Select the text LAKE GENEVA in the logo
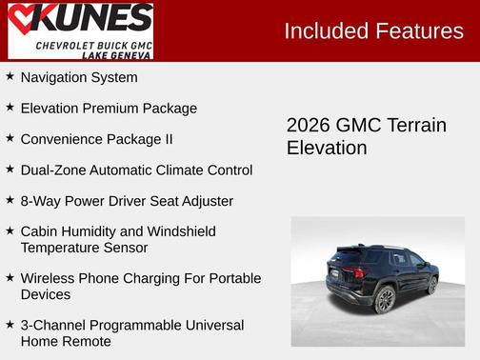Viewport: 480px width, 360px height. click(x=116, y=55)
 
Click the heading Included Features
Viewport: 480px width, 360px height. click(x=373, y=30)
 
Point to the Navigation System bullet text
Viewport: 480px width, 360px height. click(x=79, y=77)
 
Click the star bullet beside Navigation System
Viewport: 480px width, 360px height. click(x=10, y=76)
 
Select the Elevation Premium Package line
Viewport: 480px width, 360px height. click(x=109, y=109)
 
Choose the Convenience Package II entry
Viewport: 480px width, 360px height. click(x=96, y=139)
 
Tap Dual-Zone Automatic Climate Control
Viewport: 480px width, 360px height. click(x=136, y=170)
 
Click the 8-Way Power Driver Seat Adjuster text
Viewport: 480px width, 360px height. click(x=127, y=201)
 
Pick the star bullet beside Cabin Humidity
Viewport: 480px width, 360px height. click(x=10, y=230)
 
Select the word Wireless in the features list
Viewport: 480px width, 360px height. click(x=49, y=278)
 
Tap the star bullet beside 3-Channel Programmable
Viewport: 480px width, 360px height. click(x=10, y=325)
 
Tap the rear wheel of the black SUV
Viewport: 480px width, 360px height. click(x=386, y=300)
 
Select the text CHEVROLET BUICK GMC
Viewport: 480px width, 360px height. click(x=93, y=46)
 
